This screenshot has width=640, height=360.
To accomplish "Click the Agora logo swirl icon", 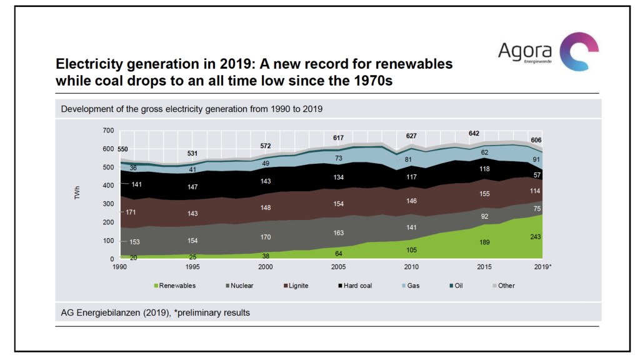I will tap(578, 52).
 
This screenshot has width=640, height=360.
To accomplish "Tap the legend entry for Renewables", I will tap(176, 286).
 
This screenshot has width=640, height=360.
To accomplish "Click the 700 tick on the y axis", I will tap(108, 131).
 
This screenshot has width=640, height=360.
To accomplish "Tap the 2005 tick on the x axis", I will tap(337, 267).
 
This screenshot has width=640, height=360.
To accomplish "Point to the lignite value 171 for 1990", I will tap(130, 213).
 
